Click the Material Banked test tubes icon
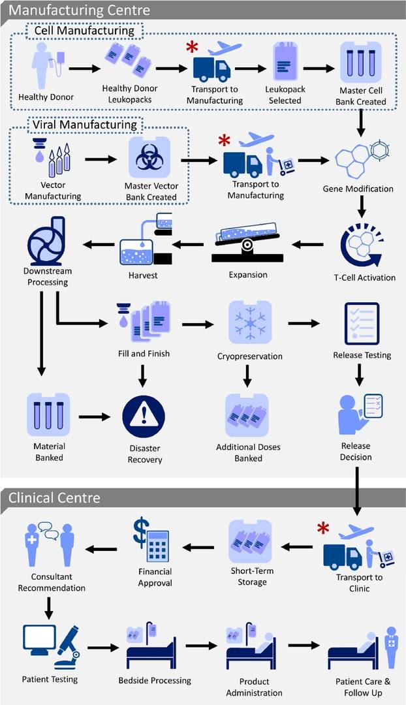(x=49, y=414)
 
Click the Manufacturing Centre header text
(x=80, y=10)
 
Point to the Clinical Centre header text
(x=55, y=497)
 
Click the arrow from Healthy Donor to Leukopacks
(x=84, y=67)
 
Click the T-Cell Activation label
(x=364, y=277)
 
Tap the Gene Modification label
(x=358, y=189)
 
